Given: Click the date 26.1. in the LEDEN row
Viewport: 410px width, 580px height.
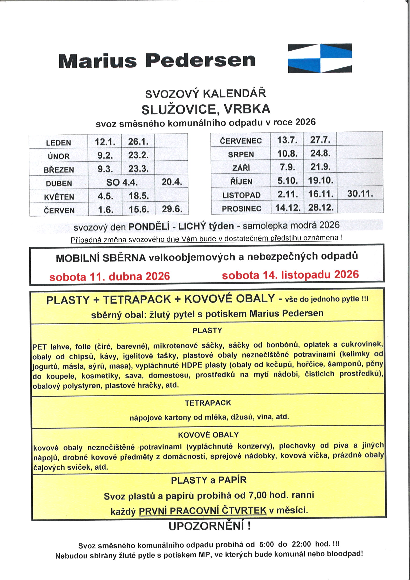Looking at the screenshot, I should (x=138, y=142).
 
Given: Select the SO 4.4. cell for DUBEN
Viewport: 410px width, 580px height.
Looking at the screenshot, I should (x=122, y=182).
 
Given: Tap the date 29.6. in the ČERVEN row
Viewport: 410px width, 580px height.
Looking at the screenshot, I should (x=172, y=209).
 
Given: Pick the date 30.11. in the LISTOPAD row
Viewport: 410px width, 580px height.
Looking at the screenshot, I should (x=360, y=194).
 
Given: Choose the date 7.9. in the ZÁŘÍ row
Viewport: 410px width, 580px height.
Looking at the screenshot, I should (x=287, y=167).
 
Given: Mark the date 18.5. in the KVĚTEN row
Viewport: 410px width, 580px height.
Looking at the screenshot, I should (x=139, y=196).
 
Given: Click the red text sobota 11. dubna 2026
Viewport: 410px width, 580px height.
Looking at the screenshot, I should (x=110, y=276).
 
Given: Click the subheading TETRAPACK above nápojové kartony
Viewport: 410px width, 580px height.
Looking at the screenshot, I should (x=208, y=403).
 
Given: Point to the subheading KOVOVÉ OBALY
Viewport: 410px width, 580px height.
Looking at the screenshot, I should (x=208, y=435).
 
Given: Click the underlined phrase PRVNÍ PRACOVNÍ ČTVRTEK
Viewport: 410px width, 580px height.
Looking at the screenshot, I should (x=203, y=511).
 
